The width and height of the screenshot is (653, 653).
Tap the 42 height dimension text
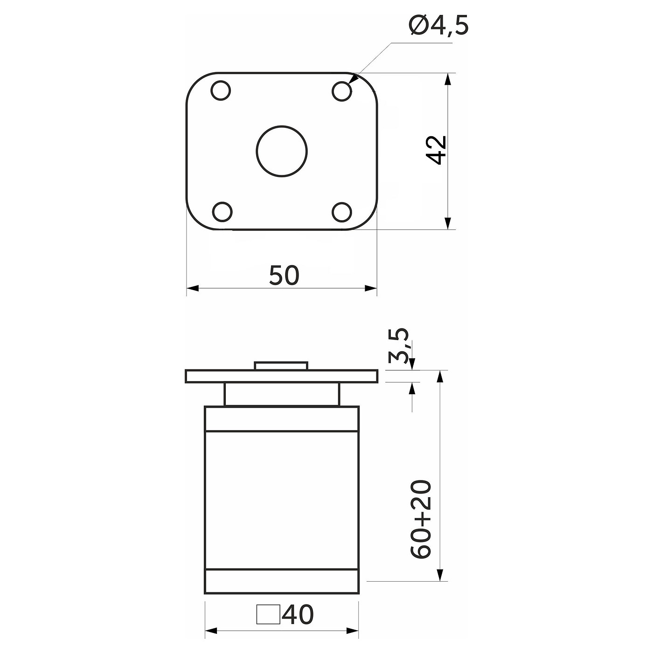pyautogui.click(x=436, y=150)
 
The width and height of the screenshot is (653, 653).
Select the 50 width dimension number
pyautogui.click(x=285, y=275)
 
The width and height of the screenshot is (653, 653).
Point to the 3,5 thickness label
pyautogui.click(x=398, y=345)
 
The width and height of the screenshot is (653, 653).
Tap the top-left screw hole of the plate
pyautogui.click(x=221, y=90)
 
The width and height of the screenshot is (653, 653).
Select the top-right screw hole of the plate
pyautogui.click(x=341, y=91)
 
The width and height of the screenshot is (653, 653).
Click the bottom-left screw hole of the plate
pyautogui.click(x=222, y=211)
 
